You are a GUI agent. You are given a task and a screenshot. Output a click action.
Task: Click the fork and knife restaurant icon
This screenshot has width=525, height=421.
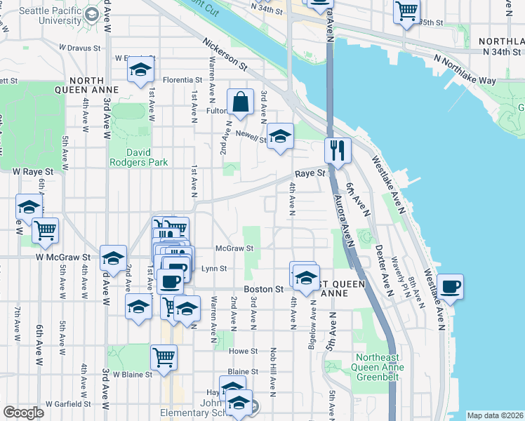tap(338, 149)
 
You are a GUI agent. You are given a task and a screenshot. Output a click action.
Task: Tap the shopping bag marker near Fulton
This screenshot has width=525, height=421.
tap(240, 102)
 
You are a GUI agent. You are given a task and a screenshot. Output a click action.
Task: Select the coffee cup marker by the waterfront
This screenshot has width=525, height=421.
tap(450, 286)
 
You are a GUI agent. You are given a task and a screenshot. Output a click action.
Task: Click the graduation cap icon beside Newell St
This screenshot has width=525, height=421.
tap(280, 135)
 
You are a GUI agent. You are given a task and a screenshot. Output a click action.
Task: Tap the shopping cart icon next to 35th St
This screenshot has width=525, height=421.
tap(406, 11)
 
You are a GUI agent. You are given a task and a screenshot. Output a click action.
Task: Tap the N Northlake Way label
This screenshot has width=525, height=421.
tap(465, 69)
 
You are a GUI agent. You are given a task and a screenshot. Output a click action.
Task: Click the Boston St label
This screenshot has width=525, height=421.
tap(263, 289)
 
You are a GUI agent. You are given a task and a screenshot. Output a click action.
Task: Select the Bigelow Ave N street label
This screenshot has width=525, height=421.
tap(313, 329)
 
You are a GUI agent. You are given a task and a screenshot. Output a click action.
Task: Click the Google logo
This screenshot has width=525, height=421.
tap(23, 413)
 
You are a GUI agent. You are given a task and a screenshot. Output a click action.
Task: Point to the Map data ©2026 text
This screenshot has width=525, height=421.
tap(494, 415)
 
